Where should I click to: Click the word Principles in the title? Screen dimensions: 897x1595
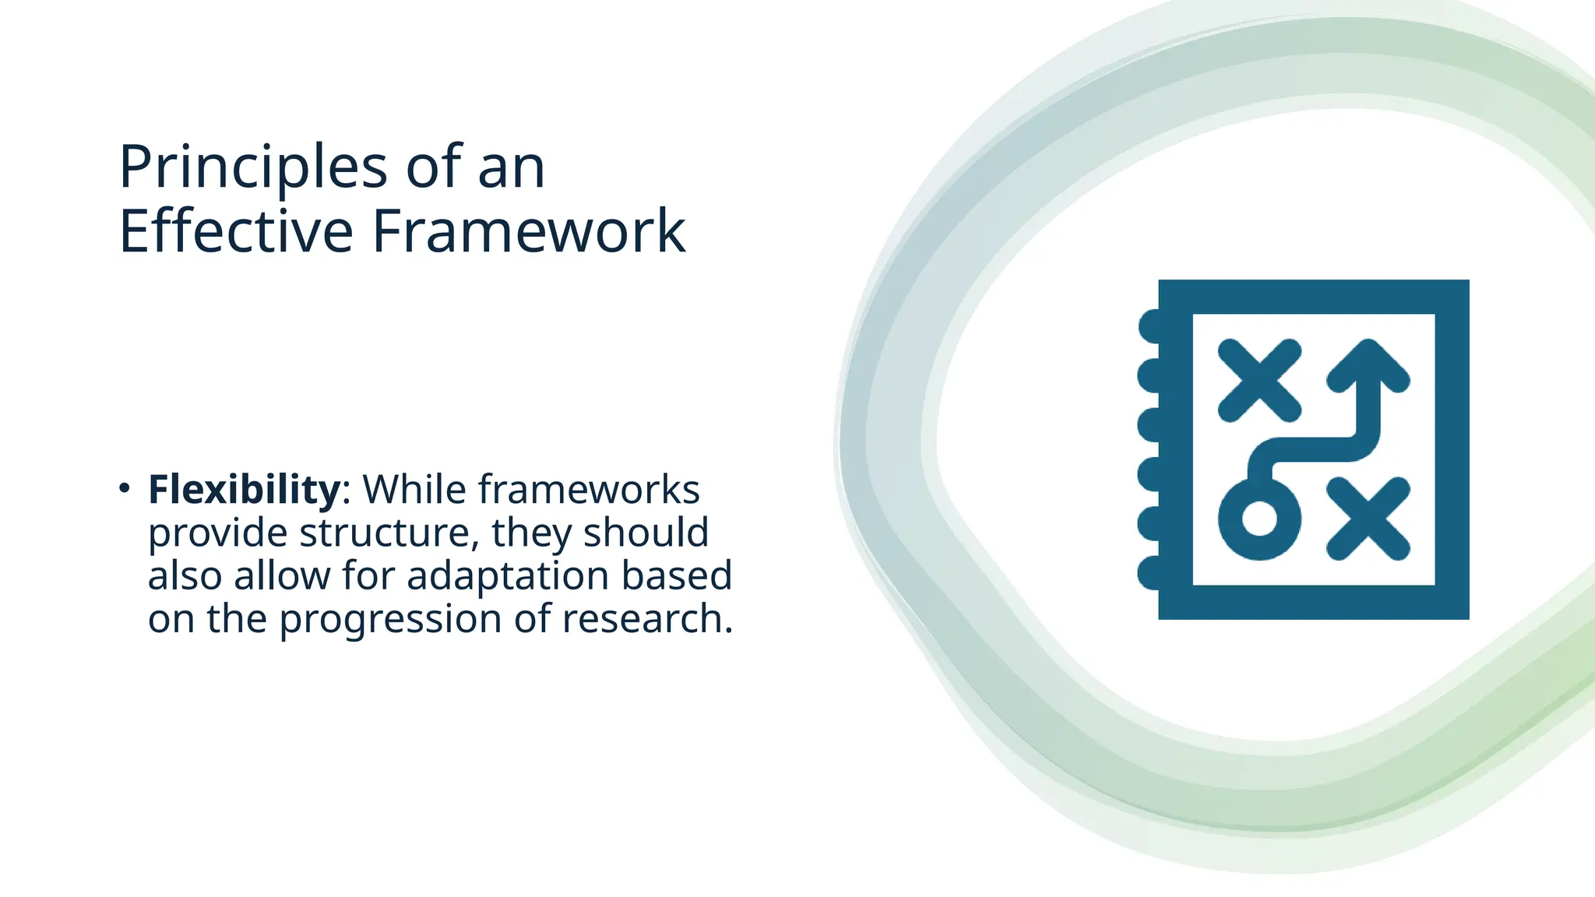coord(252,167)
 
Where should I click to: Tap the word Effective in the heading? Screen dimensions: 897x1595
coord(236,231)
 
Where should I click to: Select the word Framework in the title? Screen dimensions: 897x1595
coord(529,231)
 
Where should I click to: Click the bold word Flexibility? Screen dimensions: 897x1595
coord(244,490)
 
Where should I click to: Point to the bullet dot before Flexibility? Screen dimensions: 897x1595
coord(125,488)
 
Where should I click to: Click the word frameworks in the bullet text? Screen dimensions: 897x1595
coord(589,490)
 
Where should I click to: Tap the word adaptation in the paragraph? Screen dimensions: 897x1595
coord(507,576)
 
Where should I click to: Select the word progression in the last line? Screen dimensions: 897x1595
coord(390,620)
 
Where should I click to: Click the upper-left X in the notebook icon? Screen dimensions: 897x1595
coord(1259,381)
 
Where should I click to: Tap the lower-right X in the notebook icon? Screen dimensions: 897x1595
coord(1368,519)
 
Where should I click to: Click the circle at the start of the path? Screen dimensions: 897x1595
coord(1259,519)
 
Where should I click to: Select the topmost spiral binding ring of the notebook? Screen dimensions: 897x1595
coord(1150,325)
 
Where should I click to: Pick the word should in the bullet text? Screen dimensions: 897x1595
coord(646,533)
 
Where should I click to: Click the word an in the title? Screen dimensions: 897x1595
coord(511,167)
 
